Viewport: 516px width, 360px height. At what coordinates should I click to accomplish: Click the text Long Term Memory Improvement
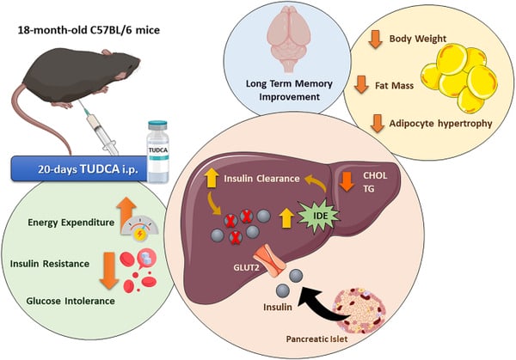(x=279, y=88)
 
